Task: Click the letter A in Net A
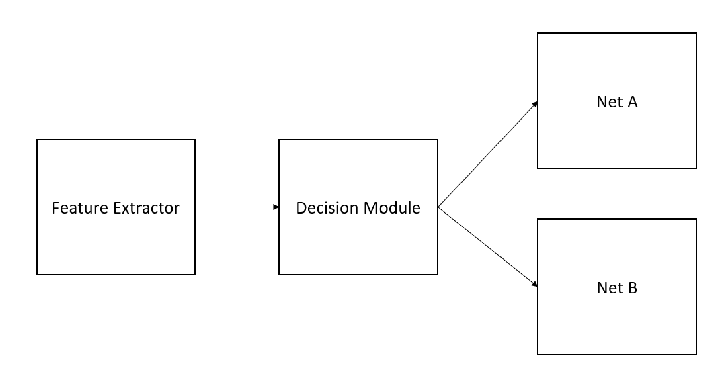coord(631,102)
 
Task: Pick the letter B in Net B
coord(632,288)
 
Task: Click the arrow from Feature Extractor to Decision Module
coord(235,207)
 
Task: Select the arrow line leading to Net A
coord(487,155)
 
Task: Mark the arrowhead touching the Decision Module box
coord(276,207)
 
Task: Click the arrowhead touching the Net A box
coord(535,104)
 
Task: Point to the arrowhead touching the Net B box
coord(535,285)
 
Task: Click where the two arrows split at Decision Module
coord(438,207)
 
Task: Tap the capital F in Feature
coord(56,208)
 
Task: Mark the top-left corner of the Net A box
coord(538,33)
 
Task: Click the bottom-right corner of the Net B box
coord(696,354)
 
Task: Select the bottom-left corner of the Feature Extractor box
coord(37,274)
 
